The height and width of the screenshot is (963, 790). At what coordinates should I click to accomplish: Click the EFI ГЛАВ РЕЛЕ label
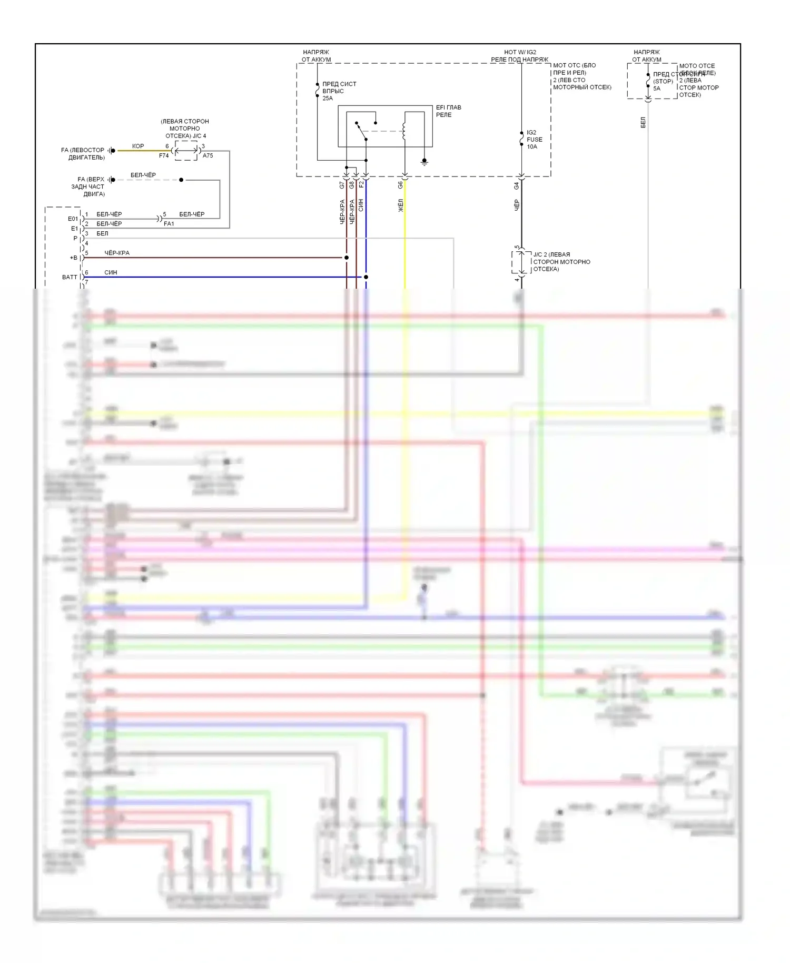pos(448,111)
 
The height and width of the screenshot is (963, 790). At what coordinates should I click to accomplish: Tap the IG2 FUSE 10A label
pos(534,140)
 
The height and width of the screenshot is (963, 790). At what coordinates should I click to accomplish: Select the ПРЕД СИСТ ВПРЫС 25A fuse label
pos(339,91)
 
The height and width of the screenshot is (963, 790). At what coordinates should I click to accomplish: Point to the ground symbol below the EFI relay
pos(424,162)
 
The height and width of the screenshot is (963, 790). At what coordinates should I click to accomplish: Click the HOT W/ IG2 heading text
pos(520,52)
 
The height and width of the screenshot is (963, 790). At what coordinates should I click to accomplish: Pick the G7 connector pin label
pos(342,185)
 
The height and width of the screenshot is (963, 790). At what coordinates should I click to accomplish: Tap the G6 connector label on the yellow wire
pos(400,185)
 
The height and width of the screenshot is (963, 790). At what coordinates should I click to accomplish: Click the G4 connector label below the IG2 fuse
pos(517,186)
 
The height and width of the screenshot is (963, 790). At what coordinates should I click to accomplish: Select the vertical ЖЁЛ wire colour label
pos(401,205)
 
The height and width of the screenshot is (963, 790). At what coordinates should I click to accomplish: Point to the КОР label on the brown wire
pos(138,146)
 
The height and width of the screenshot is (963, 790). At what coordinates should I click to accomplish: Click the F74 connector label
pos(164,156)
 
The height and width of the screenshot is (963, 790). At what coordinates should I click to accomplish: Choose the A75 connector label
pos(208,156)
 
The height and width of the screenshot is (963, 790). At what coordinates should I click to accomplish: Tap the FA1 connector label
pos(169,224)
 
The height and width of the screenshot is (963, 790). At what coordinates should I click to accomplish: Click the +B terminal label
pos(74,258)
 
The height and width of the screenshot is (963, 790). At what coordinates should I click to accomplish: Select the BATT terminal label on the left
pos(70,277)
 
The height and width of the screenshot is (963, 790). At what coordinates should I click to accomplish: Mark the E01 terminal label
pos(73,219)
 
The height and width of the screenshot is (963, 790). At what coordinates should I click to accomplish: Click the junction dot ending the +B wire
pos(347,258)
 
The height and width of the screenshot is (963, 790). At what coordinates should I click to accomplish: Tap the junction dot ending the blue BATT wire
pos(366,277)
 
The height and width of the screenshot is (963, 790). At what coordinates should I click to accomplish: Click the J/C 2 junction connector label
pos(561,262)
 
